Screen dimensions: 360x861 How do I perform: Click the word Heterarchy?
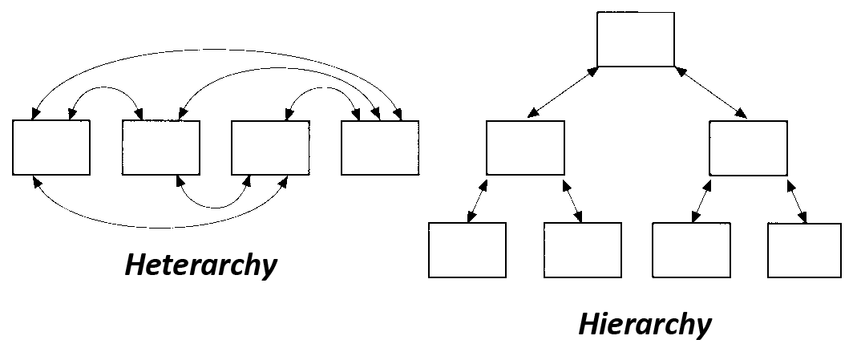[200, 265]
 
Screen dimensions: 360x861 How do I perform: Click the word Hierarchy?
[645, 325]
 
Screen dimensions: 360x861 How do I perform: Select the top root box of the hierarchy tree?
[636, 39]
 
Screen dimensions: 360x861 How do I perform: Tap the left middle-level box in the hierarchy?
[525, 148]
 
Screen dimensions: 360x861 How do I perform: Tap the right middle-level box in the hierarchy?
[748, 148]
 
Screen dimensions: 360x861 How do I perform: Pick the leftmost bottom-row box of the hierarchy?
[467, 250]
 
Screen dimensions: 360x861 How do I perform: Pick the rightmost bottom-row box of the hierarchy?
[804, 250]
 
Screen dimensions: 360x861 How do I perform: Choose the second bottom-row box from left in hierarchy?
[582, 250]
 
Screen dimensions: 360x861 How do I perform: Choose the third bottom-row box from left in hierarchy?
[691, 250]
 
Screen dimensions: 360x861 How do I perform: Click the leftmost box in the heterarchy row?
[51, 148]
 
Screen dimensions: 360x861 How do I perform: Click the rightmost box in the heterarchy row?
[379, 148]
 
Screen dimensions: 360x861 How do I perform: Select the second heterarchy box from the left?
[161, 148]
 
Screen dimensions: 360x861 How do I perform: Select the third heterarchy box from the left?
[270, 148]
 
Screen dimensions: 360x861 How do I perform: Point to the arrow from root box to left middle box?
[563, 94]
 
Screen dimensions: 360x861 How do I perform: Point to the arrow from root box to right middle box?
[713, 94]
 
